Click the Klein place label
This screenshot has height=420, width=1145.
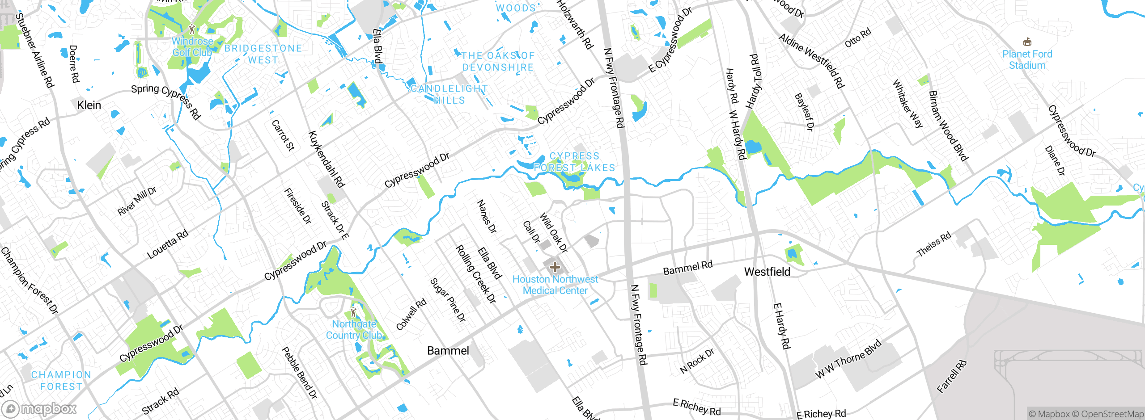(89, 105)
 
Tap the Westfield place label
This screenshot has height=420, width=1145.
(767, 272)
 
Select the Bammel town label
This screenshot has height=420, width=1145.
(448, 351)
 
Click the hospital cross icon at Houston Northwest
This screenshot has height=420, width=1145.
(555, 268)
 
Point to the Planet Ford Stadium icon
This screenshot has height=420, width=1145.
(1027, 42)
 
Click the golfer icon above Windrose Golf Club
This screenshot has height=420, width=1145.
(192, 29)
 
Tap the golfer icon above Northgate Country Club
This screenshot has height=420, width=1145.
(354, 311)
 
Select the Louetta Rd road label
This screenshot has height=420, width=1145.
(168, 244)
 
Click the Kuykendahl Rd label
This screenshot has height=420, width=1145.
(327, 159)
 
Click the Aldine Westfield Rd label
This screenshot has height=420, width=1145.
(811, 61)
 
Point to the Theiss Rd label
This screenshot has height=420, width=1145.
(934, 244)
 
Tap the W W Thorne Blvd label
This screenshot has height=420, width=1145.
(848, 359)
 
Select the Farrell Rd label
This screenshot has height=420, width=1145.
(952, 376)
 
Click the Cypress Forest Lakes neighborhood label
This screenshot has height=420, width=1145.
(574, 162)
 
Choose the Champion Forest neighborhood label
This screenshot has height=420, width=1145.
(61, 381)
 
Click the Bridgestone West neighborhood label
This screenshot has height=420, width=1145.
(263, 54)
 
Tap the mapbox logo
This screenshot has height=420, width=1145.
(39, 408)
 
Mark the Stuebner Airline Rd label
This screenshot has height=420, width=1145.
(34, 50)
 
